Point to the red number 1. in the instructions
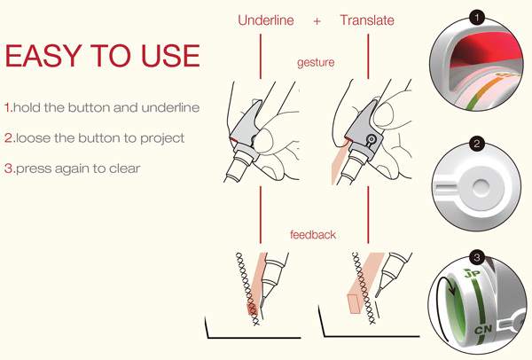pos(9,107)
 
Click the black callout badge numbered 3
pos(478,258)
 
